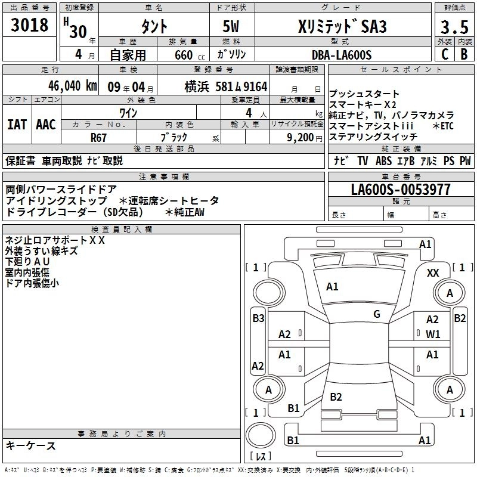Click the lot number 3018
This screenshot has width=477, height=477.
[29, 25]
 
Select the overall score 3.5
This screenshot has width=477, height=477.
[454, 27]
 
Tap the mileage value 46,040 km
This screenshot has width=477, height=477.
[72, 86]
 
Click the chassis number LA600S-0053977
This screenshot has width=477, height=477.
[401, 190]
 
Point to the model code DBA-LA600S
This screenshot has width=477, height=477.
[342, 55]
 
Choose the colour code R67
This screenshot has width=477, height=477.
[98, 138]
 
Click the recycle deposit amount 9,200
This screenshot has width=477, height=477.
[300, 138]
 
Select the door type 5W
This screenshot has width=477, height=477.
[231, 26]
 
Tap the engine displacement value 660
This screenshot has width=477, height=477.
[184, 55]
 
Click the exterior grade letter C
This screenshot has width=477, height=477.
[445, 54]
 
